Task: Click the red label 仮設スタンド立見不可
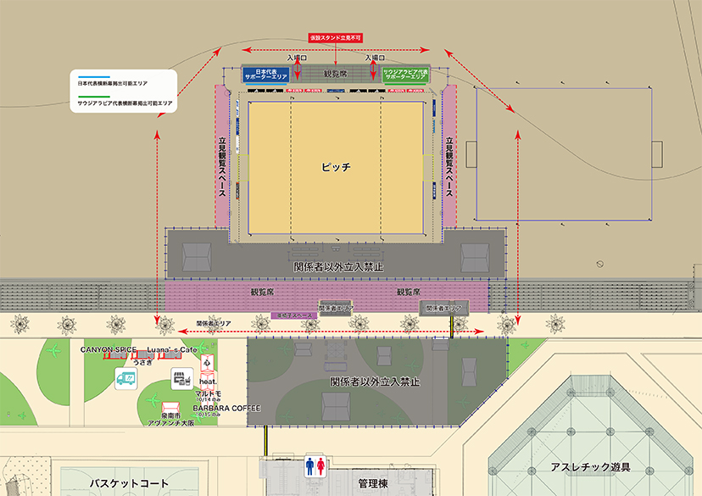click(337, 38)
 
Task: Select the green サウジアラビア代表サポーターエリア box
click(405, 75)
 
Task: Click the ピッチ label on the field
click(336, 167)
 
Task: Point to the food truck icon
click(126, 378)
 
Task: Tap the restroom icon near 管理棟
click(315, 465)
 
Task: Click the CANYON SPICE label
click(109, 349)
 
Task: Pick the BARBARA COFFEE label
click(226, 408)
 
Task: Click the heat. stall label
click(209, 382)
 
